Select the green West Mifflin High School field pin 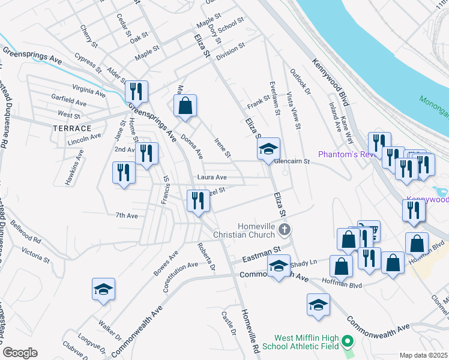347,343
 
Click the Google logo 20,353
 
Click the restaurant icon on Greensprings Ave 136,91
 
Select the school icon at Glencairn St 268,148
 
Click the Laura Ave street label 212,178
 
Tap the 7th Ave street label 127,215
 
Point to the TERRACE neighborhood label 72,128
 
